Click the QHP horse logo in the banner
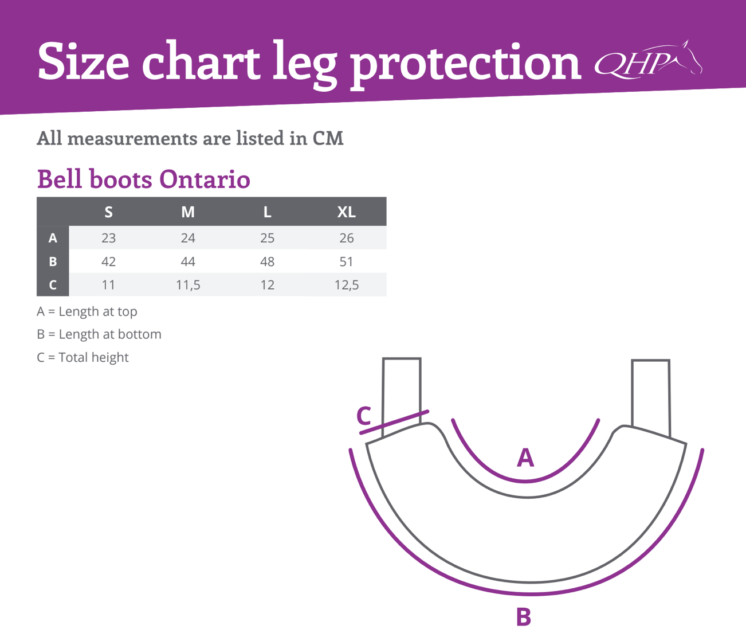pyautogui.click(x=648, y=60)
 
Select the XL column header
pyautogui.click(x=346, y=212)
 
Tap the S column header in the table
pyautogui.click(x=108, y=212)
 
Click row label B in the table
pyautogui.click(x=53, y=261)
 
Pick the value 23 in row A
pyautogui.click(x=108, y=238)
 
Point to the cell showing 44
pyautogui.click(x=188, y=261)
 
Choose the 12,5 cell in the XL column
pyautogui.click(x=347, y=285)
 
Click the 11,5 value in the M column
pyautogui.click(x=188, y=285)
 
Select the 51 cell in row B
pyautogui.click(x=346, y=261)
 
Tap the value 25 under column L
pyautogui.click(x=267, y=238)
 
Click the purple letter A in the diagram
pyautogui.click(x=525, y=457)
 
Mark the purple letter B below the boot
pyautogui.click(x=524, y=617)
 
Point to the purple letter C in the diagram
pyautogui.click(x=363, y=416)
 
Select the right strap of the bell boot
pyautogui.click(x=651, y=398)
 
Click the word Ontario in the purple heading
pyautogui.click(x=205, y=179)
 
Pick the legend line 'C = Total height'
pyautogui.click(x=83, y=358)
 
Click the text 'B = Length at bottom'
pyautogui.click(x=99, y=334)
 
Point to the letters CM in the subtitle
pyautogui.click(x=328, y=138)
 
